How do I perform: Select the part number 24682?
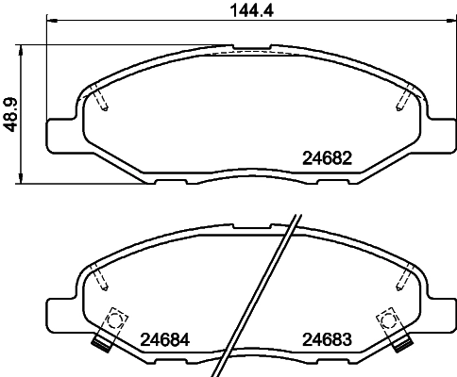[326, 158]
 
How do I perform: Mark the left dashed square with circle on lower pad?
[117, 320]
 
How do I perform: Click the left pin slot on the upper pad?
[101, 97]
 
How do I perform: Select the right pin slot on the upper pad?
[404, 97]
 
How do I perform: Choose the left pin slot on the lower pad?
[101, 277]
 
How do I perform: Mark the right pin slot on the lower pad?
[404, 277]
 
